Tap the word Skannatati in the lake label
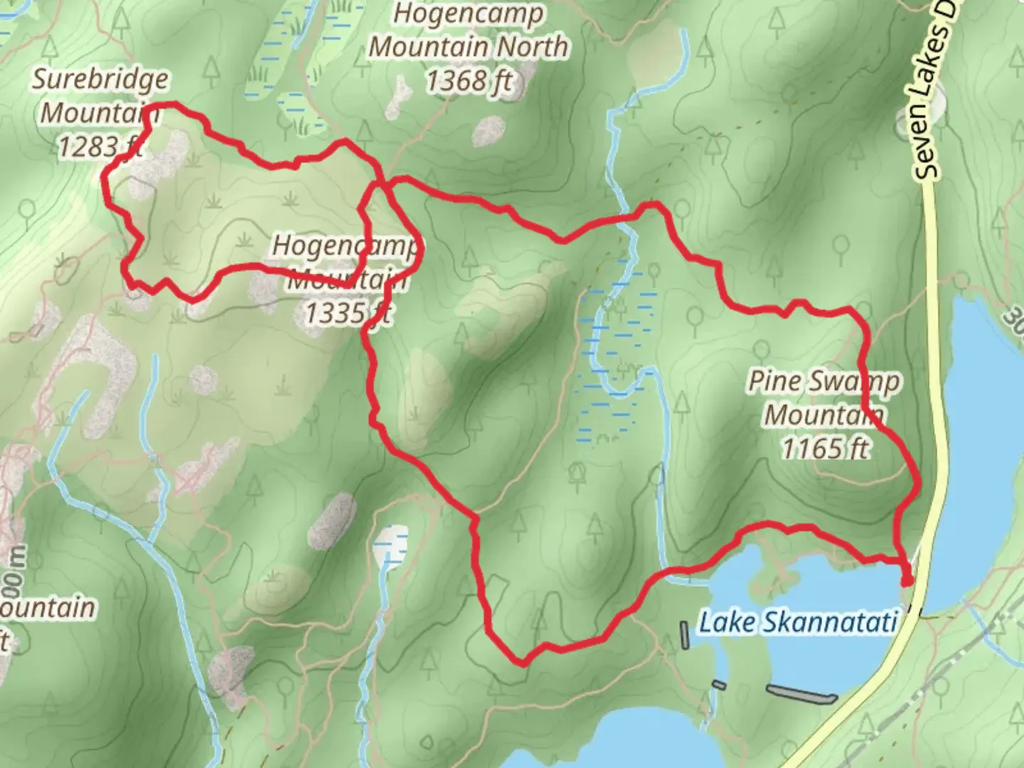click(830, 622)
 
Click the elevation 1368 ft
click(469, 81)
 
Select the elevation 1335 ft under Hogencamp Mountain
click(348, 312)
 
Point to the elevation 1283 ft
click(100, 146)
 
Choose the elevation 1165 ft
click(825, 448)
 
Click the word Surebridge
click(100, 79)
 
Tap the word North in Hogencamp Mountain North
click(532, 47)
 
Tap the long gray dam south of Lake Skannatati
click(801, 693)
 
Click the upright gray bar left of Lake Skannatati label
click(684, 635)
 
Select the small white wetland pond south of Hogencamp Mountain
click(391, 542)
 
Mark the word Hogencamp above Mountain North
click(469, 13)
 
